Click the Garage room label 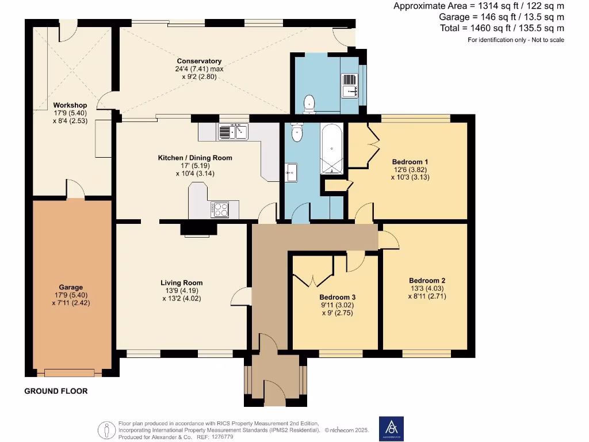pos(71,287)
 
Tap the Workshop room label pos(70,105)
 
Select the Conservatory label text pos(199,61)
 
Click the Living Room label pos(181,283)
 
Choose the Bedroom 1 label pos(410,162)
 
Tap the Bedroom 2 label pos(427,281)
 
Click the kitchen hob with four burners pos(220,209)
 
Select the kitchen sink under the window pos(233,132)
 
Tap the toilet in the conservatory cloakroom pos(309,103)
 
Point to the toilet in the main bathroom pos(297,133)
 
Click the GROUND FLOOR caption pos(56,391)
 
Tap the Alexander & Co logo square pos(391,429)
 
